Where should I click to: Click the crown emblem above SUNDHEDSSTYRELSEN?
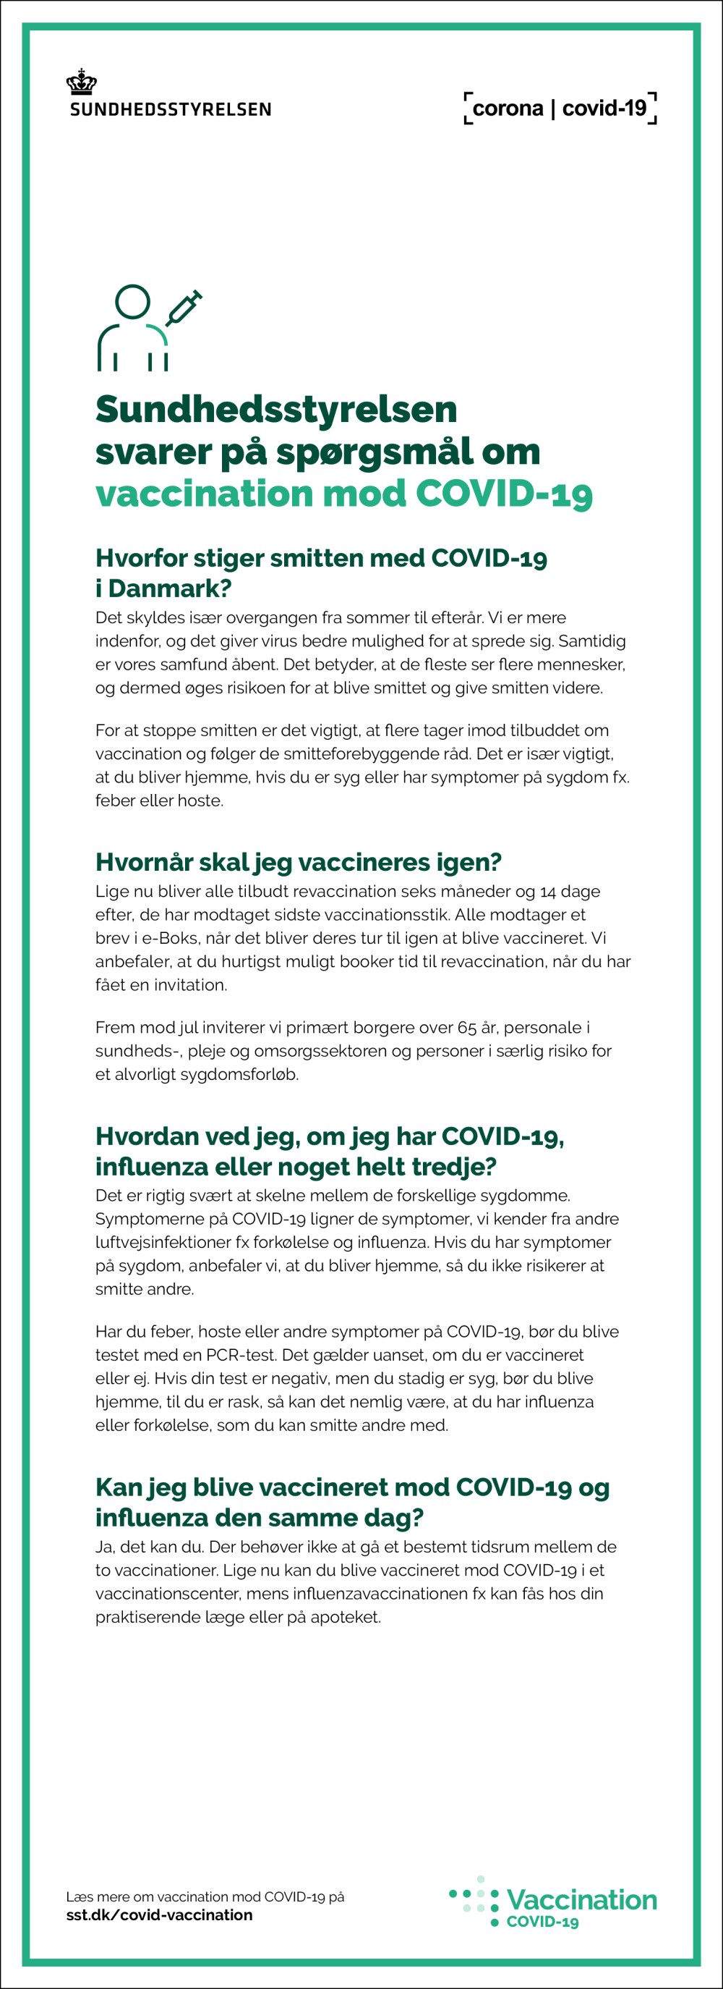81,82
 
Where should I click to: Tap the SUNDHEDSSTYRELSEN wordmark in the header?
171,109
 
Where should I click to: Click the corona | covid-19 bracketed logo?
560,108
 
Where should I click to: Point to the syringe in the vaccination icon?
184,308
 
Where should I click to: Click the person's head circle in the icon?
133,301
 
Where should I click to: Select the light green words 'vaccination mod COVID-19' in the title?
343,494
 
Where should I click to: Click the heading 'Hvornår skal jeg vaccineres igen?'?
299,862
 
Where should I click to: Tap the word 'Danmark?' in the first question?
170,588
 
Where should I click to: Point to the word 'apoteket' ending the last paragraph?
345,1617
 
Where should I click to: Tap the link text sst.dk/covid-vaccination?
159,1916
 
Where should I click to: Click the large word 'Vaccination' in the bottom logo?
582,1899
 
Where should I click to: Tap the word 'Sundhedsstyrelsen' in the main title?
276,409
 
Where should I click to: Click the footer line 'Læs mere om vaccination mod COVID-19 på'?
205,1896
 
